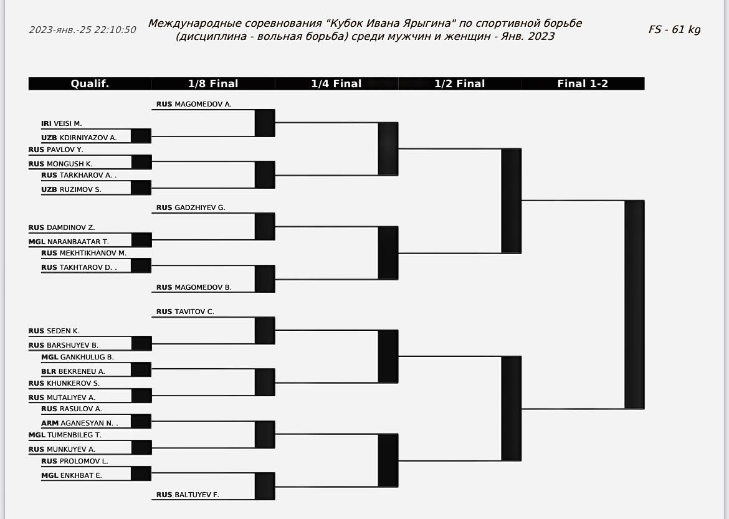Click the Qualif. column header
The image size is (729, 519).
click(x=90, y=83)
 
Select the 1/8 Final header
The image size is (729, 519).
click(x=213, y=83)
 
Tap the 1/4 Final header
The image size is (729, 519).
click(x=336, y=83)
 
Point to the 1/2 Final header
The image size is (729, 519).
click(x=459, y=83)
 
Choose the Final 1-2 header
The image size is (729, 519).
click(x=583, y=83)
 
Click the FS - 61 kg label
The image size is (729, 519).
click(x=674, y=29)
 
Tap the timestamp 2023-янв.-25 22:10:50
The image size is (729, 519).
click(x=82, y=30)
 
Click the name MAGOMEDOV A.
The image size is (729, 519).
click(x=202, y=104)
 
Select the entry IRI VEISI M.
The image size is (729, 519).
click(x=61, y=124)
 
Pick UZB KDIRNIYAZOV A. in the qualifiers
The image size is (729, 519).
click(x=79, y=138)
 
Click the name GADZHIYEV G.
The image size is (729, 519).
click(x=200, y=207)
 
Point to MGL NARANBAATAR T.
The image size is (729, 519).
click(x=69, y=242)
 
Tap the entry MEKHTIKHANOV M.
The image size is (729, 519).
click(x=93, y=253)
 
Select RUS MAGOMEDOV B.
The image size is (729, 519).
click(x=194, y=287)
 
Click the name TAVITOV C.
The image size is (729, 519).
click(x=194, y=312)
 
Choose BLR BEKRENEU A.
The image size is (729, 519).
click(x=73, y=371)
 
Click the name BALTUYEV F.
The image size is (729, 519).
click(x=197, y=495)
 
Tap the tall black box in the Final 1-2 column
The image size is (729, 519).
click(x=634, y=305)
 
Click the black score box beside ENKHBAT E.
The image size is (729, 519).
click(x=141, y=474)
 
